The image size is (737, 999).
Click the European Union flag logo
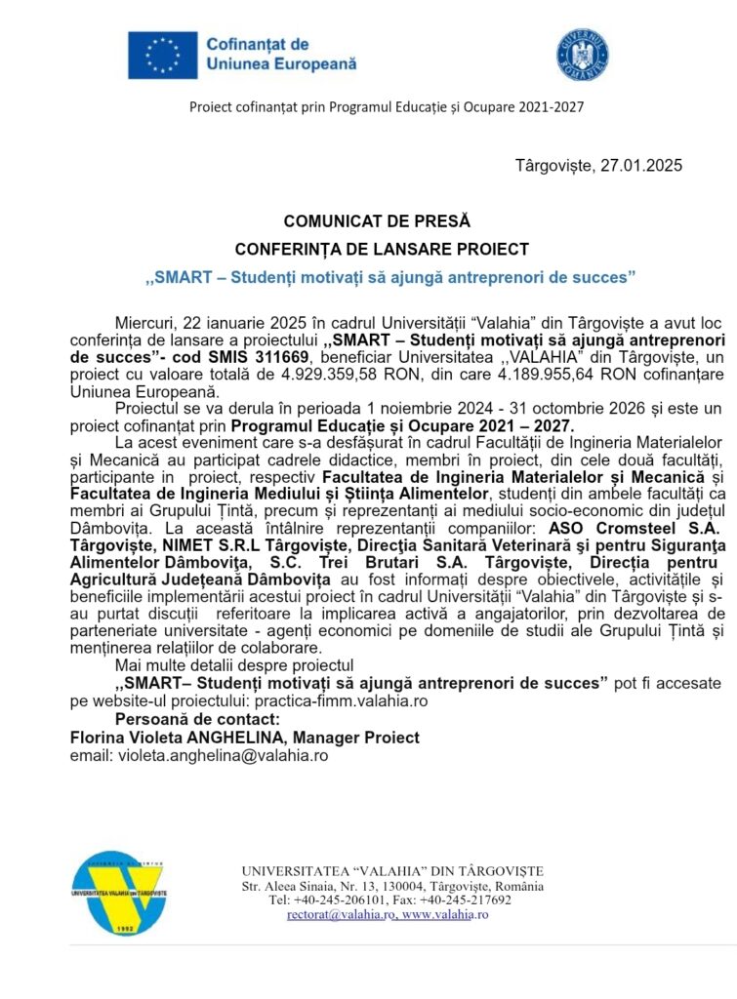coord(162,56)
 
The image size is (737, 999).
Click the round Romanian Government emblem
coord(582,55)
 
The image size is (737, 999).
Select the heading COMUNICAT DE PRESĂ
coord(376,221)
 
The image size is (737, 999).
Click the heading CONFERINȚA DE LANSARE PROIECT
coord(382,249)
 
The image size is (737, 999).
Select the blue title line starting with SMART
coord(390,277)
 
